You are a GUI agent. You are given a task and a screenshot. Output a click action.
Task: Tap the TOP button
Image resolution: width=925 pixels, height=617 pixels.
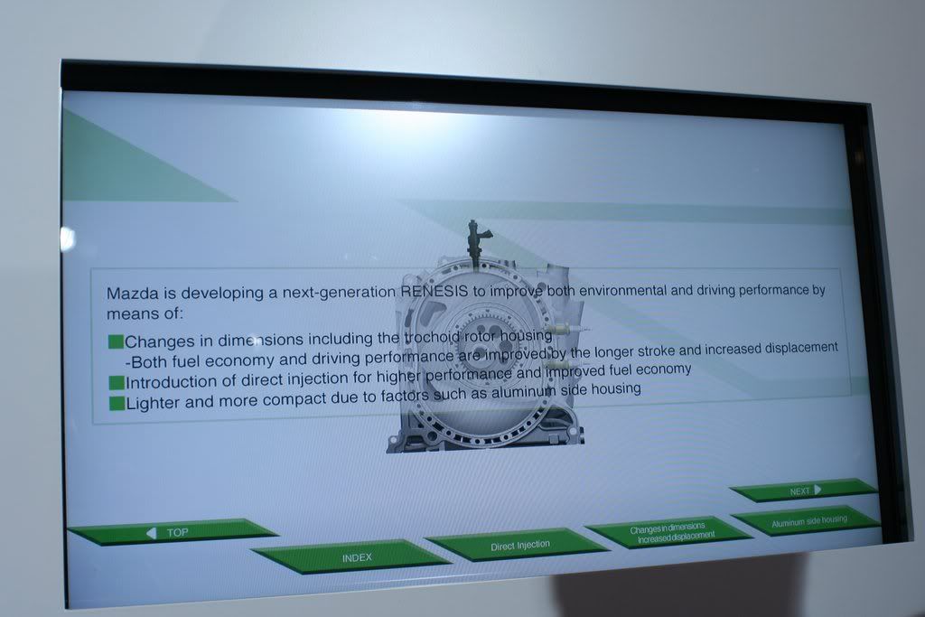(173, 531)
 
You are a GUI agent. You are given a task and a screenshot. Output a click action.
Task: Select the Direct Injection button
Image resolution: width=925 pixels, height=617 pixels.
(518, 545)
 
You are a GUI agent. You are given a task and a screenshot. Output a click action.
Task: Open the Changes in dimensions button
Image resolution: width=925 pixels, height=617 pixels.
(669, 531)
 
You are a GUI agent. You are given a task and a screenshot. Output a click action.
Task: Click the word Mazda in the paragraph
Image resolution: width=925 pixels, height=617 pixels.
(132, 294)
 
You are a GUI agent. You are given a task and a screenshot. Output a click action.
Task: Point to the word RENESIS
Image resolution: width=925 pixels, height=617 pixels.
(434, 291)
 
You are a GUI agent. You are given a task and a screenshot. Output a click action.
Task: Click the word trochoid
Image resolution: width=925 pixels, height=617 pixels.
(432, 337)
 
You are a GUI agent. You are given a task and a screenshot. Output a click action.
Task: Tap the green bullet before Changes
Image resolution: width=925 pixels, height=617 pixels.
(116, 341)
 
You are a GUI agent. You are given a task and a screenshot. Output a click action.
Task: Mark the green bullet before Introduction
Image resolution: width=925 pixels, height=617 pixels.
(117, 382)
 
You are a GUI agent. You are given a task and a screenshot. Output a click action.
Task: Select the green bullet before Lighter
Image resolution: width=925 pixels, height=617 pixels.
(117, 403)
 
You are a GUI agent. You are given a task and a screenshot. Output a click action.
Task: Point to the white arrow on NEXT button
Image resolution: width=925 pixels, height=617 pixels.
(818, 490)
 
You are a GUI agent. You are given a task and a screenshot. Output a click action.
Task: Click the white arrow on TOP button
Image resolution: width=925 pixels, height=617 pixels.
(152, 533)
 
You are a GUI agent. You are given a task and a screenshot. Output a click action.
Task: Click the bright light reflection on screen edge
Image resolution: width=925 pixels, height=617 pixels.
(67, 238)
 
